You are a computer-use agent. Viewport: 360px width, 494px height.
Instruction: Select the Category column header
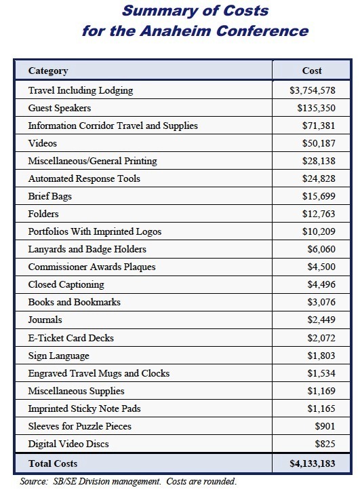click(x=48, y=71)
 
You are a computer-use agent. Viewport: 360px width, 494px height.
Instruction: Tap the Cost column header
click(x=312, y=71)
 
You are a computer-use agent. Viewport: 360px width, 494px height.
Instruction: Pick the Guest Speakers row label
click(x=60, y=108)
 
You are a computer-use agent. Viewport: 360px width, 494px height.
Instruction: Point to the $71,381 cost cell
click(x=319, y=126)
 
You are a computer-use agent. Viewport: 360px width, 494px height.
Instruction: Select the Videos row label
click(x=43, y=143)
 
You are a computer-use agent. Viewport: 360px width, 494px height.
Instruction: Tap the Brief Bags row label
click(x=51, y=196)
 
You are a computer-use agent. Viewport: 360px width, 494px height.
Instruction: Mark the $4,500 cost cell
click(x=321, y=267)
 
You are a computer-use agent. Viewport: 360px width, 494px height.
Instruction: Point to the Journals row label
click(x=45, y=320)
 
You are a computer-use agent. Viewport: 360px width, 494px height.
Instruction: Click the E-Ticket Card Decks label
click(x=71, y=338)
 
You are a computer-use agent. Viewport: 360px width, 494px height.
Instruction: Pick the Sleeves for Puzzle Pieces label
click(x=79, y=426)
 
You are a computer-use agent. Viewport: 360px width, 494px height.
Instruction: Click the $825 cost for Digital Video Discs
click(x=325, y=444)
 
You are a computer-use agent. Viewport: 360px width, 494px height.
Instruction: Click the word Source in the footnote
click(x=34, y=481)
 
